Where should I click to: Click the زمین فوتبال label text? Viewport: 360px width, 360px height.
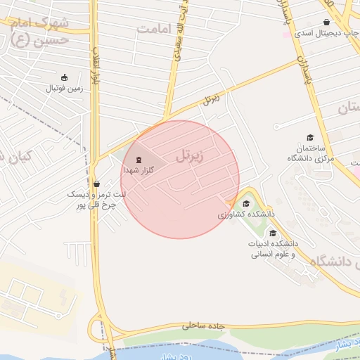coord(65,89)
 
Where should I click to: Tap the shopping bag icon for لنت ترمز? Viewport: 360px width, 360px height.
coord(96,184)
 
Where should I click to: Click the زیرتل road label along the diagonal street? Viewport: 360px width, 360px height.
coord(210,99)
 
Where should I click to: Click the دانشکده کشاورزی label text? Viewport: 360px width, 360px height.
coord(245,213)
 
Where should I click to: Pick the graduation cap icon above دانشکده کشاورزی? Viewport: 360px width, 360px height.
coord(245,203)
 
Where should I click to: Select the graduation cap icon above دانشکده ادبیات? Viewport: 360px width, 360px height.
coord(272,233)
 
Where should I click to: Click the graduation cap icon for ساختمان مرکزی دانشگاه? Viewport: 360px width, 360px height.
coord(309,137)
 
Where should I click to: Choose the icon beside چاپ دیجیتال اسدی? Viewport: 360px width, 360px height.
coord(327,22)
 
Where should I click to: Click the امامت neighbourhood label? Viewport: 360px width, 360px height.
coord(155,29)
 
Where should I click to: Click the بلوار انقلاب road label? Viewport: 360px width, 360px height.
coord(94,67)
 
